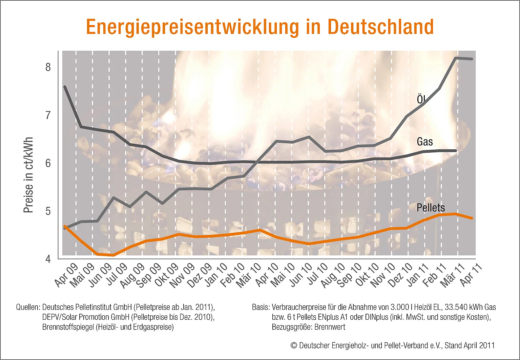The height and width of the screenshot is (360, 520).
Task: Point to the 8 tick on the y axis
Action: pos(48,67)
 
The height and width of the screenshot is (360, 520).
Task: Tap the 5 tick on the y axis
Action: pos(48,211)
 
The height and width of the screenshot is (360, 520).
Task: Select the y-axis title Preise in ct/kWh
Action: pos(28,175)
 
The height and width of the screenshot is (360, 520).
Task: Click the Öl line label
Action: pos(421,99)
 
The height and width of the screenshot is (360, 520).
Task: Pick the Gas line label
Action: pos(425,142)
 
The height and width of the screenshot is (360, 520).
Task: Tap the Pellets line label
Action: pos(431,208)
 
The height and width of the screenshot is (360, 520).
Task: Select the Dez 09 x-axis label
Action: pos(200,275)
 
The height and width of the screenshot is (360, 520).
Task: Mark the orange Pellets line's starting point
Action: pos(64,226)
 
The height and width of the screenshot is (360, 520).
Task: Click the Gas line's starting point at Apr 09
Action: pos(64,87)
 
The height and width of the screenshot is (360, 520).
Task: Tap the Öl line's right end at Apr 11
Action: pos(472,59)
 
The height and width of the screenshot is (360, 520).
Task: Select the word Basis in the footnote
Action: pos(260,308)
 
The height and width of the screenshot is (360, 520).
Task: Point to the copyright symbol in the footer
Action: pos(294,346)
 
